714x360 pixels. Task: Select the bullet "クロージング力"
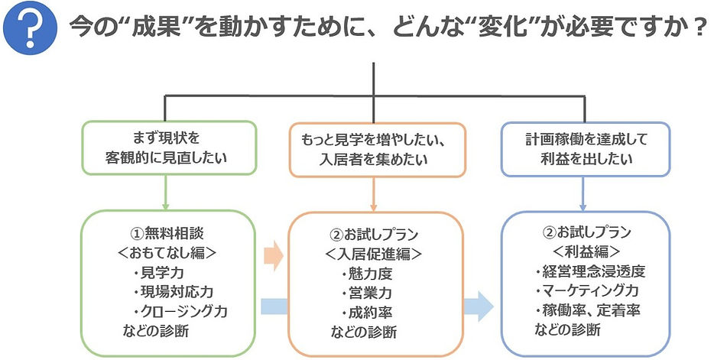point(180,312)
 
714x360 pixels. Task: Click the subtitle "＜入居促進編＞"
point(375,254)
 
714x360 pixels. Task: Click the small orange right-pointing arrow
point(271,253)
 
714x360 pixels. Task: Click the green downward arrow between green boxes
point(166,194)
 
